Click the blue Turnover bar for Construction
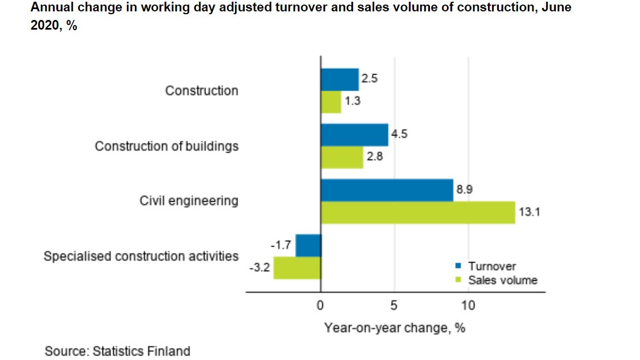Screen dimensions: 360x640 point(339,80)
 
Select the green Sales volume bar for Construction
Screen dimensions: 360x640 point(331,102)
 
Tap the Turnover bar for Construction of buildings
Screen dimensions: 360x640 point(354,135)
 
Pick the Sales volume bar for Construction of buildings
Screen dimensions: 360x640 point(342,157)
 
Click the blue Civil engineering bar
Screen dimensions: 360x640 point(387,190)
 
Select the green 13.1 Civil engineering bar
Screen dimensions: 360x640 point(417,212)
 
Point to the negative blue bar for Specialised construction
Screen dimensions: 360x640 point(308,246)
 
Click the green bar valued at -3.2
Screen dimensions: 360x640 point(297,268)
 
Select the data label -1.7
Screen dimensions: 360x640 point(281,246)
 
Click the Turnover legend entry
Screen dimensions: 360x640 point(491,266)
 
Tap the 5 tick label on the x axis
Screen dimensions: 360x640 point(394,306)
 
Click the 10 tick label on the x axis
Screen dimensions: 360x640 point(468,306)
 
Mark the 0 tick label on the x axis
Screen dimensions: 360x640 point(320,306)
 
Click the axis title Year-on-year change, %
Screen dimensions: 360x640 point(395,328)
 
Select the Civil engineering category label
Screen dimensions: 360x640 point(189,201)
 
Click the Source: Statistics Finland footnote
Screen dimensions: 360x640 point(117,351)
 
